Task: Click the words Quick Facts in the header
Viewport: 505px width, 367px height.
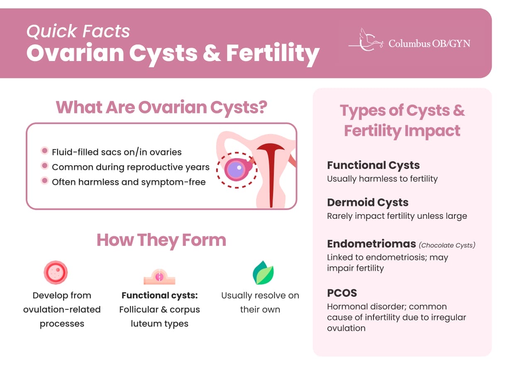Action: click(78, 32)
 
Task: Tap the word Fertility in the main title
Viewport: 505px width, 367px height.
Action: click(273, 54)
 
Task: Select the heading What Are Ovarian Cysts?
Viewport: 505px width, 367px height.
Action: click(161, 107)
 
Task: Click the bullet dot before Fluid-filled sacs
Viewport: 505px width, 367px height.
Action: click(44, 152)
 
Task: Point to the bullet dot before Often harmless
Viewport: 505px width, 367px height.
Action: click(44, 181)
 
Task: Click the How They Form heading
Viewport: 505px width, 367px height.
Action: click(161, 240)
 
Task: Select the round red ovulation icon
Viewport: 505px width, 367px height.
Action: click(56, 273)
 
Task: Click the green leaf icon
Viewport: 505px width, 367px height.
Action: click(263, 273)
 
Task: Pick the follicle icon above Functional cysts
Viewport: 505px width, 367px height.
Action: click(159, 276)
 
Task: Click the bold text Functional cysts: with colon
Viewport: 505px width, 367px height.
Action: click(159, 296)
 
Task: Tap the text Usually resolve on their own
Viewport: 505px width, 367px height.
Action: click(260, 302)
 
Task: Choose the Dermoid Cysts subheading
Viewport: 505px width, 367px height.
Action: click(368, 203)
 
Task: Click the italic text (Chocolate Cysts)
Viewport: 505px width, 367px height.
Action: click(447, 245)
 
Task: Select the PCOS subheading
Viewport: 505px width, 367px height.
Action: click(342, 293)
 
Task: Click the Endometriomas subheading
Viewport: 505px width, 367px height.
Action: click(371, 244)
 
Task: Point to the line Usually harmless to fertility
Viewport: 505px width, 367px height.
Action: click(382, 179)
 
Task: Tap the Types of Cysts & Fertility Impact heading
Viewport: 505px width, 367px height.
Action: click(402, 120)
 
